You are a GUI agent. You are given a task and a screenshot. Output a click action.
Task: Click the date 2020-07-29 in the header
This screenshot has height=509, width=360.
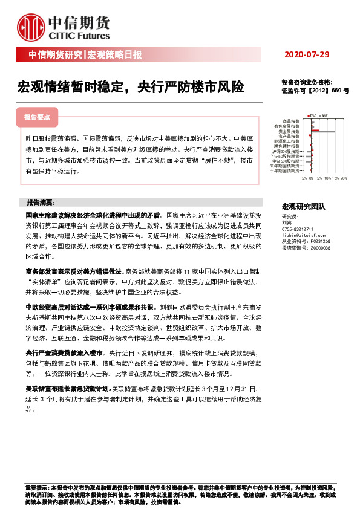[309, 55]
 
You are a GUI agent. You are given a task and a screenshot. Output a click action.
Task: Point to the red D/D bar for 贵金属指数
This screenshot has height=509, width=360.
[315, 129]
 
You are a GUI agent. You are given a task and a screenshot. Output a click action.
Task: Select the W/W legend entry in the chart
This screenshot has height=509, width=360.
[324, 115]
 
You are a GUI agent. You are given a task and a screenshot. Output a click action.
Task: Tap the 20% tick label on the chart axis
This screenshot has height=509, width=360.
[343, 179]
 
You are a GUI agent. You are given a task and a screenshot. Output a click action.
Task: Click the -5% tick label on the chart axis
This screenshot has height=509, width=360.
[304, 179]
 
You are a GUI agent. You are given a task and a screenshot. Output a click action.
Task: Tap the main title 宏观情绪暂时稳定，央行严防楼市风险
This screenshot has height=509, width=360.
[131, 88]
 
